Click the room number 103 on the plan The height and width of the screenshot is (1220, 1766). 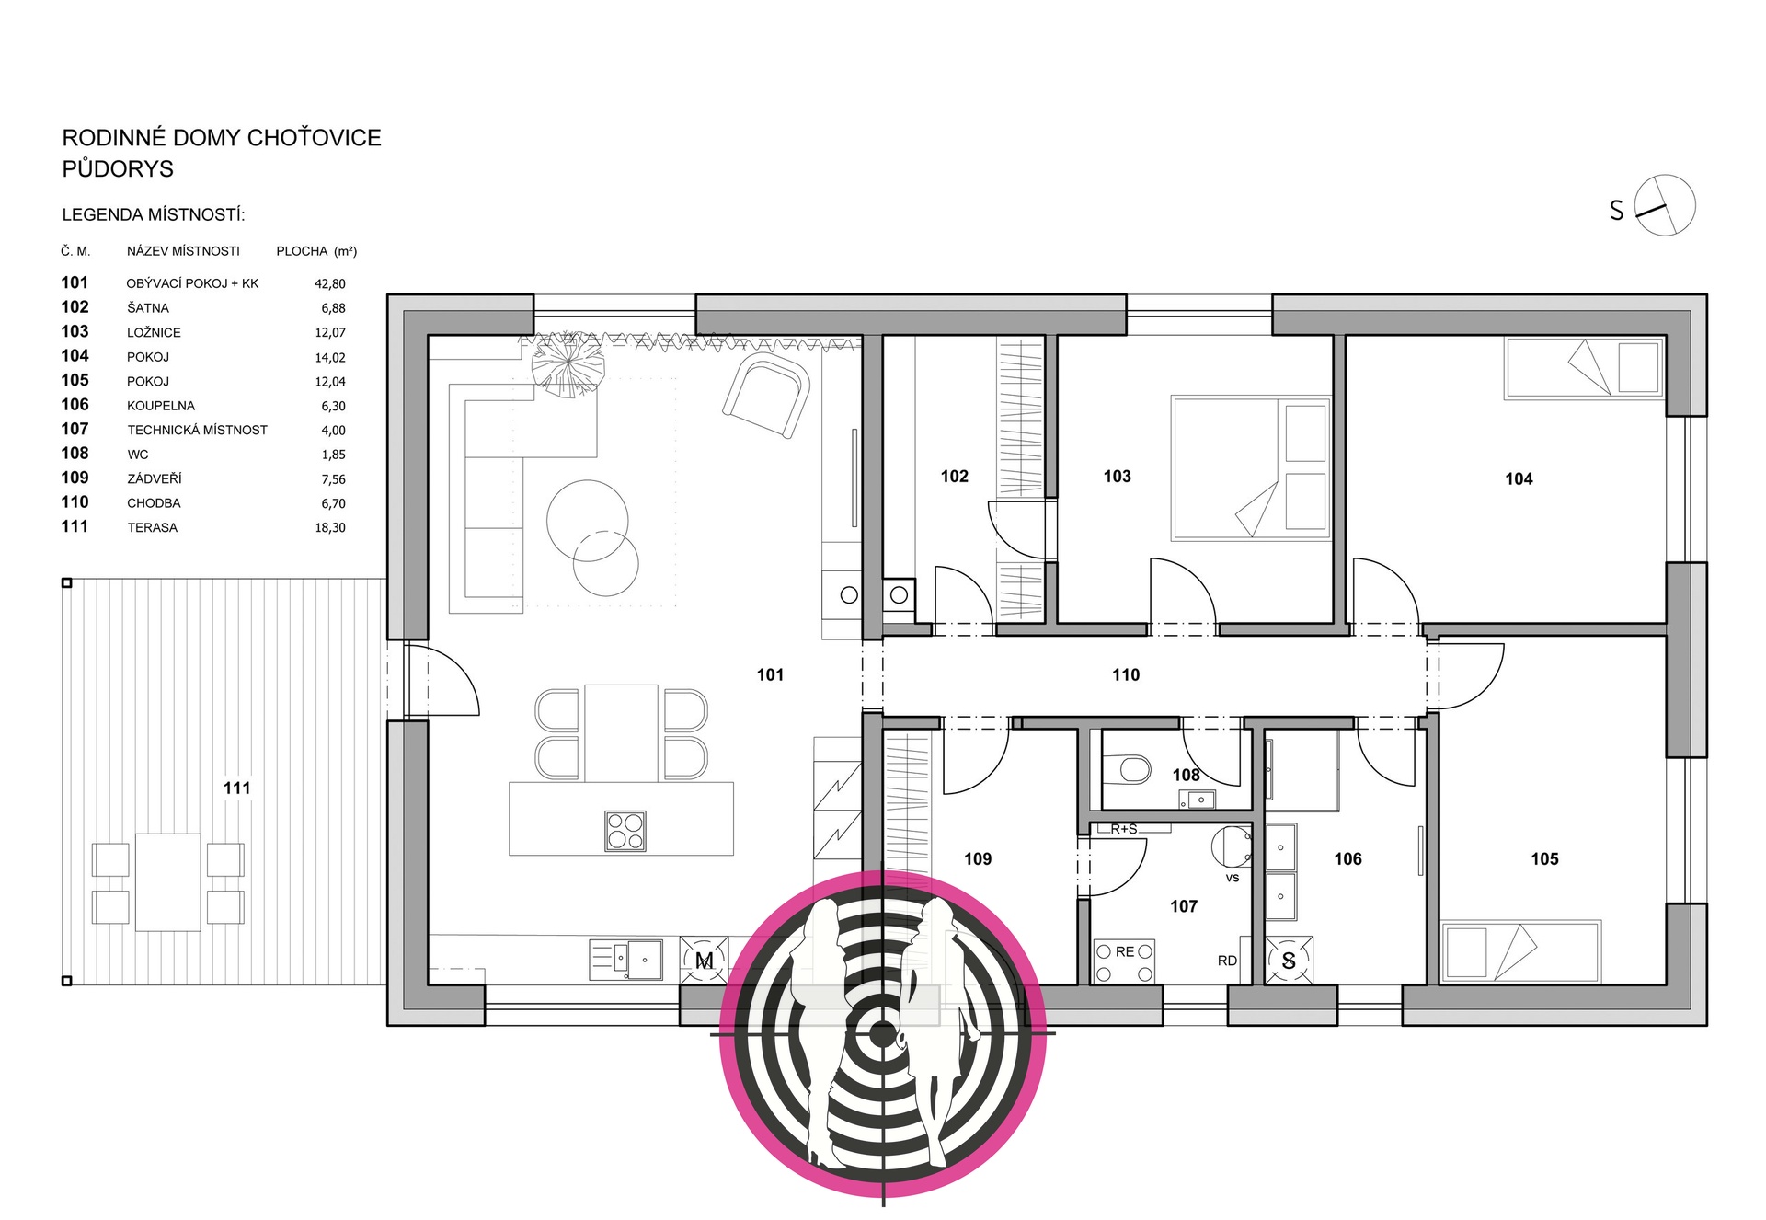pyautogui.click(x=1117, y=477)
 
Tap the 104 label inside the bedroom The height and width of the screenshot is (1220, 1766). pyautogui.click(x=1519, y=479)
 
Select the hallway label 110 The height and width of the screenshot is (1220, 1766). pyautogui.click(x=1125, y=675)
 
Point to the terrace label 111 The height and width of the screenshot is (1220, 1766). pyautogui.click(x=236, y=788)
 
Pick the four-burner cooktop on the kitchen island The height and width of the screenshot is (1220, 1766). pyautogui.click(x=625, y=831)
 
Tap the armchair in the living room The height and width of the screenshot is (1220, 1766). pyautogui.click(x=766, y=396)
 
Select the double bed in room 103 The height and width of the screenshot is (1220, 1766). pyautogui.click(x=1251, y=468)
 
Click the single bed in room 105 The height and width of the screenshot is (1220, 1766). pyautogui.click(x=1520, y=951)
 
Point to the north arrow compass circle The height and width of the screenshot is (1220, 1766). pyautogui.click(x=1665, y=205)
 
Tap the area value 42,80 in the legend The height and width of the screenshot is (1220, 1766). pyautogui.click(x=330, y=284)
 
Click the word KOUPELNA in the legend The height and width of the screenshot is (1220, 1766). pyautogui.click(x=161, y=406)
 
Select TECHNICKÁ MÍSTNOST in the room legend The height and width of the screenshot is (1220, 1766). pyautogui.click(x=197, y=430)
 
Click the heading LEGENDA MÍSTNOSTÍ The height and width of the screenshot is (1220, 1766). pyautogui.click(x=154, y=215)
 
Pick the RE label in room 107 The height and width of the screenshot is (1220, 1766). pyautogui.click(x=1125, y=952)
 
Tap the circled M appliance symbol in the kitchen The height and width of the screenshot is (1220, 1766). pyautogui.click(x=705, y=961)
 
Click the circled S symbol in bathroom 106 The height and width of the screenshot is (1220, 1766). pyautogui.click(x=1288, y=961)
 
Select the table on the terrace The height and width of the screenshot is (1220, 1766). pyautogui.click(x=168, y=882)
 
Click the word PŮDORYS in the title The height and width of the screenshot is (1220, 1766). pyautogui.click(x=118, y=169)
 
